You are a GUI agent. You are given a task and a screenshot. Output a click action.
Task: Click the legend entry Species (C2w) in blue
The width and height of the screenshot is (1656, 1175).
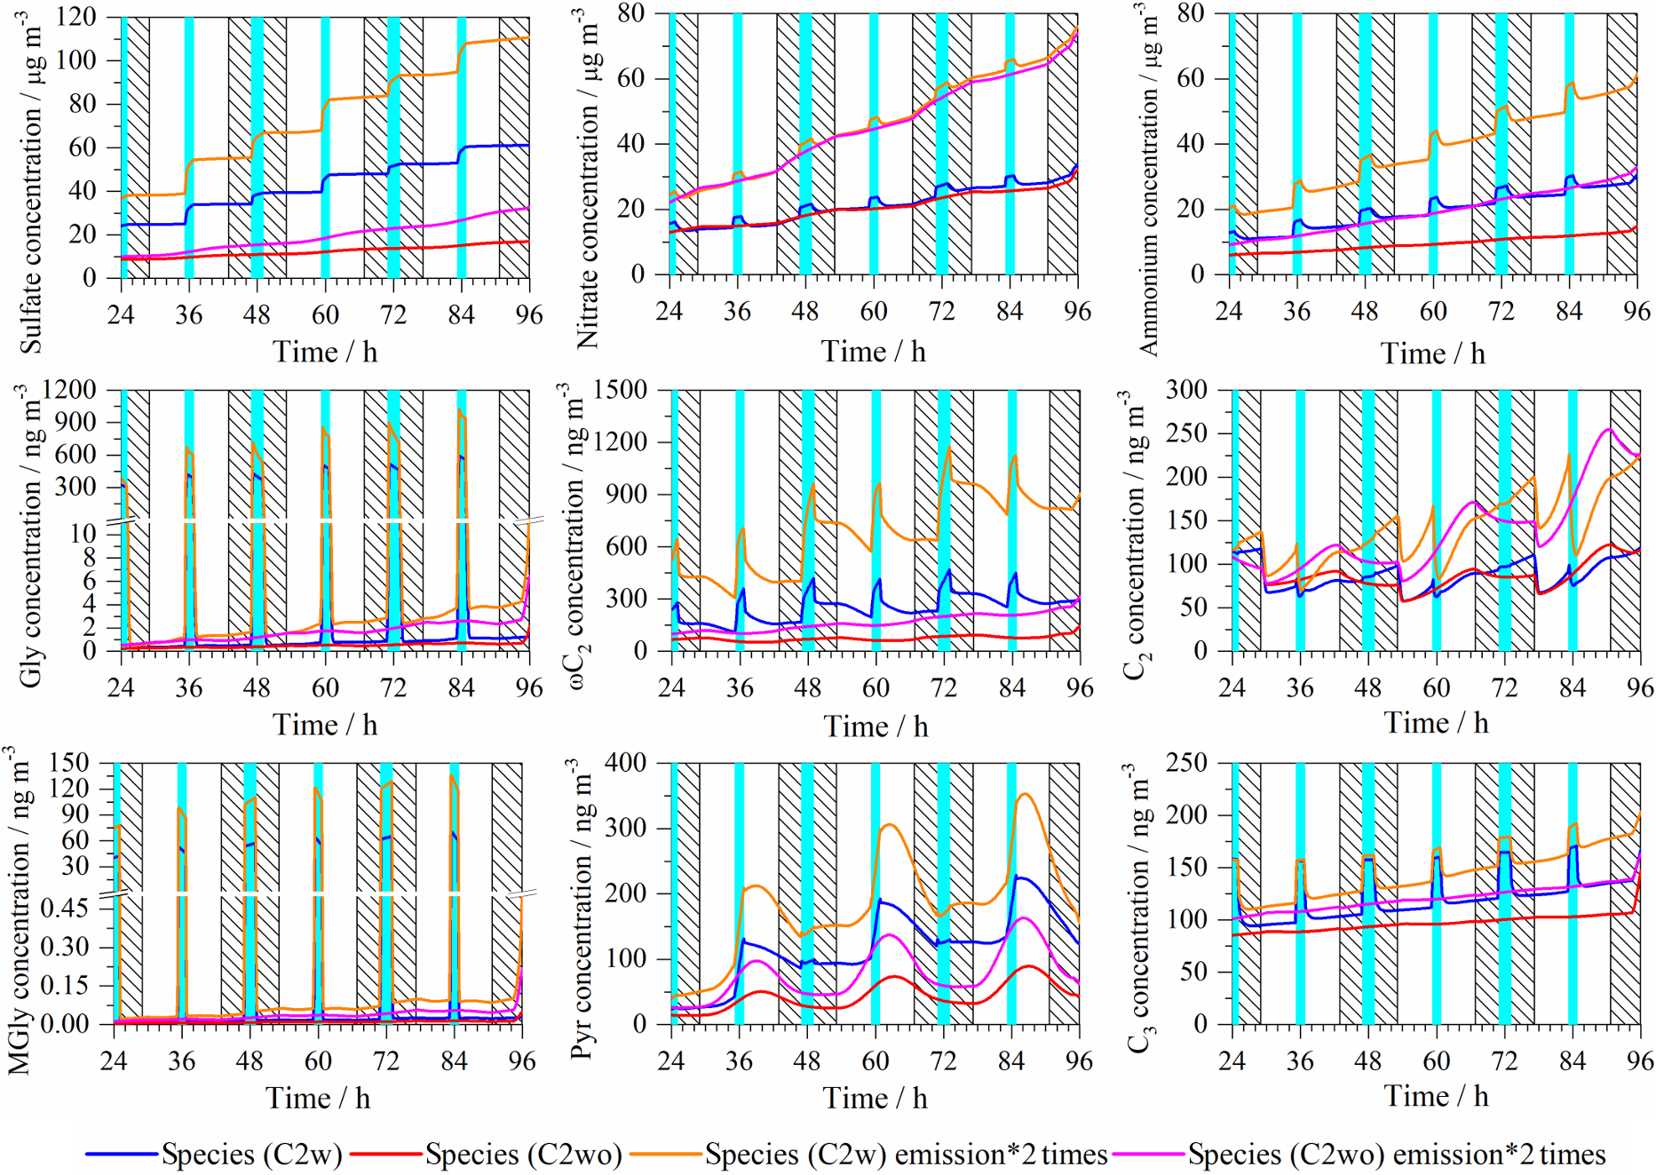click(213, 1155)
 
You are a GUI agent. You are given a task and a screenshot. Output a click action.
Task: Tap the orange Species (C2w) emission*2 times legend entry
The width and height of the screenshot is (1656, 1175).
click(868, 1155)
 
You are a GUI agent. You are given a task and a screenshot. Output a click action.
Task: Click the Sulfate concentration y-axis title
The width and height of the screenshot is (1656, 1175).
click(32, 182)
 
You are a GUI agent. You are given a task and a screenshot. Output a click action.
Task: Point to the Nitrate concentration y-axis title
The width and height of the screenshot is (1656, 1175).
click(586, 178)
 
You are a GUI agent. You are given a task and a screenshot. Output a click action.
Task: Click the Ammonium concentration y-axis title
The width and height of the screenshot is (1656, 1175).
click(1148, 178)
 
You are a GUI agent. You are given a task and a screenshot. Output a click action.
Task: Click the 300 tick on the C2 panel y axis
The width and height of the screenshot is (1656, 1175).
click(1187, 390)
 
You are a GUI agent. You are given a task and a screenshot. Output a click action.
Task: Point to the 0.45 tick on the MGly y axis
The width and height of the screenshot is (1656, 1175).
click(65, 908)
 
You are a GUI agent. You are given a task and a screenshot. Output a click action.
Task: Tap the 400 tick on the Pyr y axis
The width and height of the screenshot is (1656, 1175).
click(627, 763)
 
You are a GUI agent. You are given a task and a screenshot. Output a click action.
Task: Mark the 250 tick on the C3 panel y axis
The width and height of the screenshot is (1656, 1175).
click(1187, 763)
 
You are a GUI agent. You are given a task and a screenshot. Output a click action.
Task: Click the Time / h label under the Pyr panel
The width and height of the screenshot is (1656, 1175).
click(875, 1099)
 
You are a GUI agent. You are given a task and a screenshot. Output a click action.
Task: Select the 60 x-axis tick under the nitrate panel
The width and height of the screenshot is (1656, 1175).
click(874, 311)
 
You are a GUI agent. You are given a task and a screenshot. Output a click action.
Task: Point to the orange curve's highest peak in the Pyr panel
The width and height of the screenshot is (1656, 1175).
click(1026, 794)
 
